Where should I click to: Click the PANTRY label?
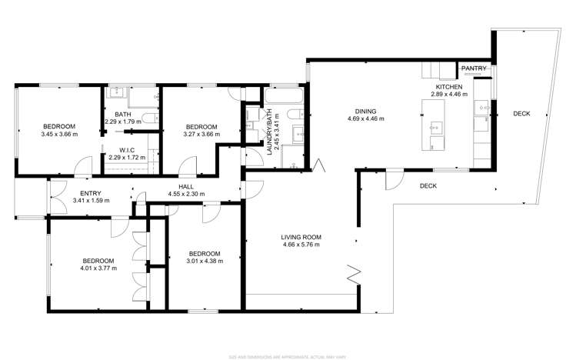tap(473, 69)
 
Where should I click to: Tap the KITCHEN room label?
tap(449, 88)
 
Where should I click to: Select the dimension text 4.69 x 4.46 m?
tap(366, 119)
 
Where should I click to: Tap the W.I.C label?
tap(127, 150)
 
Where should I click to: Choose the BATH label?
tap(112, 115)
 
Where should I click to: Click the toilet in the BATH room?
tap(151, 119)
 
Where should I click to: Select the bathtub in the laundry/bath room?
tap(275, 96)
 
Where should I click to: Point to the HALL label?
tap(187, 186)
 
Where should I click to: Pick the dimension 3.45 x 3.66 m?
tap(58, 135)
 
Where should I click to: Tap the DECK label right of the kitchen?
tap(521, 114)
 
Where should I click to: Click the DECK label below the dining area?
tap(429, 186)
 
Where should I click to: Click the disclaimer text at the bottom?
tap(288, 356)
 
